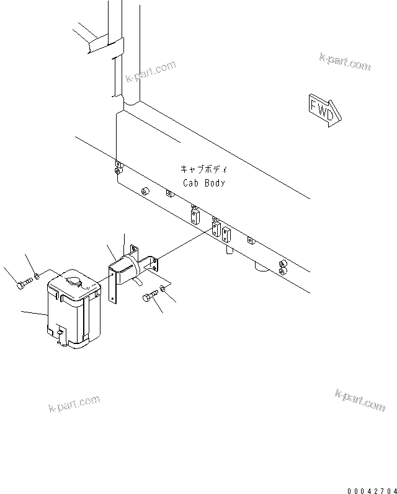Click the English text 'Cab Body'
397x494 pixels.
click(204, 183)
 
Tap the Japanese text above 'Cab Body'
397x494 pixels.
click(204, 169)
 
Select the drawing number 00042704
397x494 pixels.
click(371, 490)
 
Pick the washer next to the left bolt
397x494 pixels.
click(38, 276)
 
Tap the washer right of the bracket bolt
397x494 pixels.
click(163, 287)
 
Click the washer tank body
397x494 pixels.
click(72, 316)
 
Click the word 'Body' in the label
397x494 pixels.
click(215, 183)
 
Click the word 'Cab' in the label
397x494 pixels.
click(190, 183)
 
